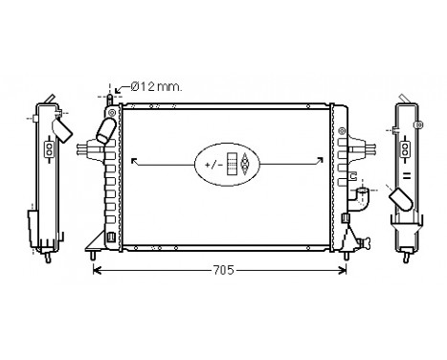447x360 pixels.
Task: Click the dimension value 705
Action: coord(222,270)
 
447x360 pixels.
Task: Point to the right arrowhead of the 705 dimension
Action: coord(351,270)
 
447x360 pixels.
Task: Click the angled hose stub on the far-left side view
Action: coord(63,127)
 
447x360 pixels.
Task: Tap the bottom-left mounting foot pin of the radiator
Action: coord(92,255)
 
